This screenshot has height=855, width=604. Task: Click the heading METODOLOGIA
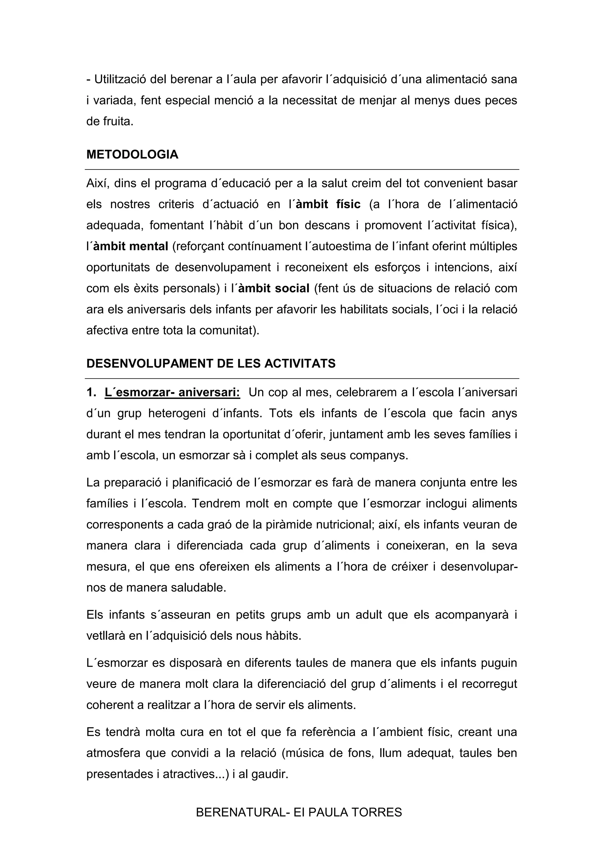pyautogui.click(x=132, y=154)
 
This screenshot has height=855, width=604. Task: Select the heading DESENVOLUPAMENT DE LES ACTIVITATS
pyautogui.click(x=211, y=363)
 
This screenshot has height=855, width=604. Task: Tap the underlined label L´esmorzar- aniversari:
pyautogui.click(x=172, y=392)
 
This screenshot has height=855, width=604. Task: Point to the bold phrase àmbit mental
pyautogui.click(x=131, y=247)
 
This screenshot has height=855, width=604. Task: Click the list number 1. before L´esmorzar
pyautogui.click(x=91, y=392)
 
